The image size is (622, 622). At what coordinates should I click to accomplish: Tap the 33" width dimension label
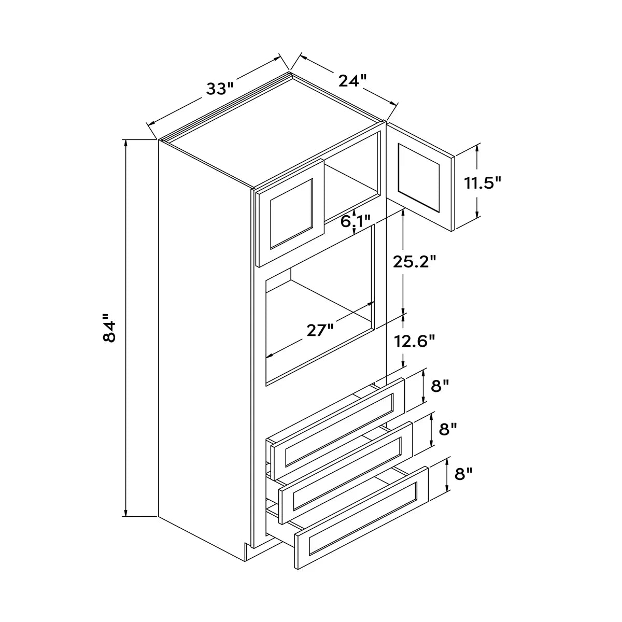click(x=220, y=89)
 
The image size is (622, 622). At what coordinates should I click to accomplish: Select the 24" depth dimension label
click(x=353, y=81)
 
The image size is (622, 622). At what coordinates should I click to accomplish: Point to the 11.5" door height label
click(x=483, y=183)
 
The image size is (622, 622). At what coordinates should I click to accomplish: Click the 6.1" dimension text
click(x=356, y=221)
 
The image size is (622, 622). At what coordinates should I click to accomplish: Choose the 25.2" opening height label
click(x=415, y=262)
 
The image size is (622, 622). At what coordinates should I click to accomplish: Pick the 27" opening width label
click(x=320, y=331)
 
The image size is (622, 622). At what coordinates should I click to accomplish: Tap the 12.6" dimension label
click(x=415, y=341)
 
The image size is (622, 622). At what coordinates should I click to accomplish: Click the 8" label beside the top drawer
click(x=440, y=386)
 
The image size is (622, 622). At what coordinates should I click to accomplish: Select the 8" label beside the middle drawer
click(x=448, y=430)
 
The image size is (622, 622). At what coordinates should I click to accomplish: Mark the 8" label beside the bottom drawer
click(x=463, y=474)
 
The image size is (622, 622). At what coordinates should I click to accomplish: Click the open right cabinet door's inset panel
click(x=419, y=178)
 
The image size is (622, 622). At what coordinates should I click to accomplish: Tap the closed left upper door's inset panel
click(x=291, y=214)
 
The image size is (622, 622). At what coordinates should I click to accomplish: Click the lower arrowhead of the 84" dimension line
click(x=125, y=512)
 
